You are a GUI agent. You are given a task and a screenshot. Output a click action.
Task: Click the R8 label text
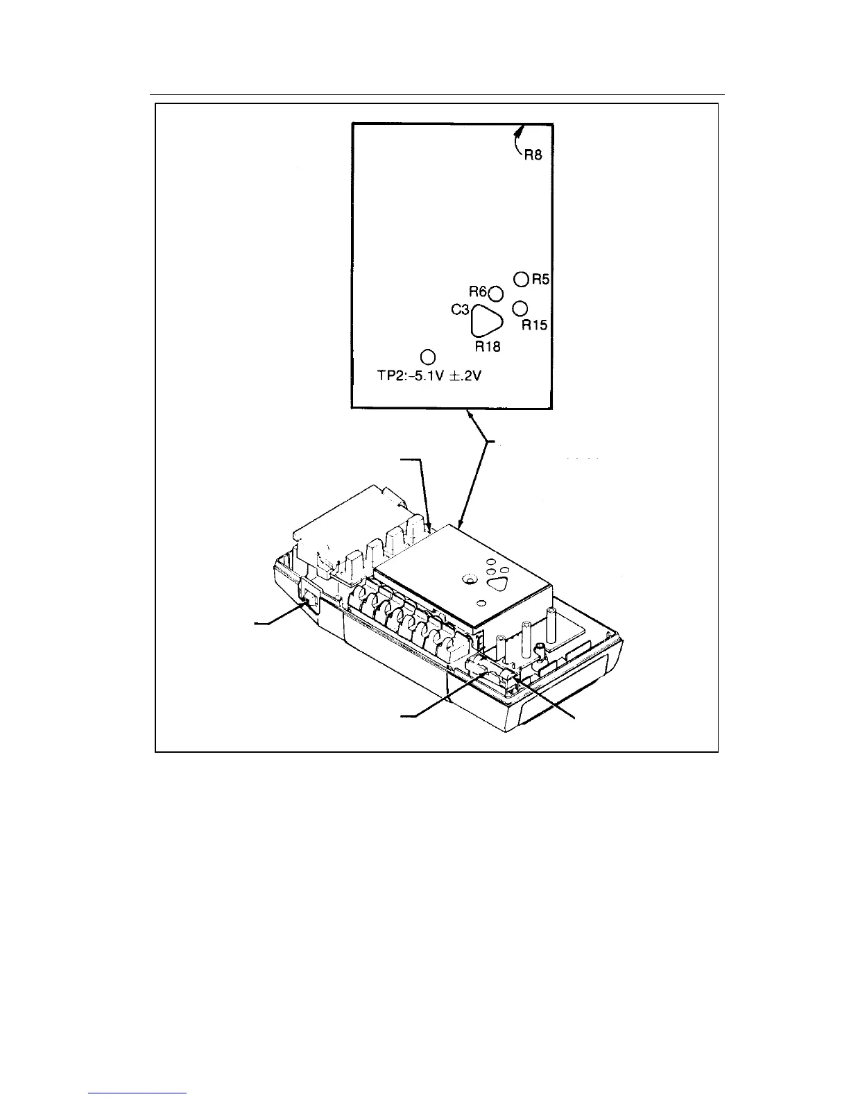click(x=533, y=155)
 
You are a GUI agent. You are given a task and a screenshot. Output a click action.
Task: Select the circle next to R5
click(x=522, y=279)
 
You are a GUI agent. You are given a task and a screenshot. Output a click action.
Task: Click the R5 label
click(x=540, y=279)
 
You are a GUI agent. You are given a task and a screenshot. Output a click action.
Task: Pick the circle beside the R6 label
click(x=496, y=293)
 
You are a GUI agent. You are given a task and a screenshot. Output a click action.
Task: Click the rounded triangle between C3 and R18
click(x=486, y=323)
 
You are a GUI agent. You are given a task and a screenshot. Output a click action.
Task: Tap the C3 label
click(x=461, y=311)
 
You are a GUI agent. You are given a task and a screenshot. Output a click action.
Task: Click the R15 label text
click(x=534, y=325)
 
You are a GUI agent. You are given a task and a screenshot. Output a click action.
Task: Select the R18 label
click(x=488, y=347)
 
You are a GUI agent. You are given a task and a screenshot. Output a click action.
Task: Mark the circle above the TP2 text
click(x=429, y=357)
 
